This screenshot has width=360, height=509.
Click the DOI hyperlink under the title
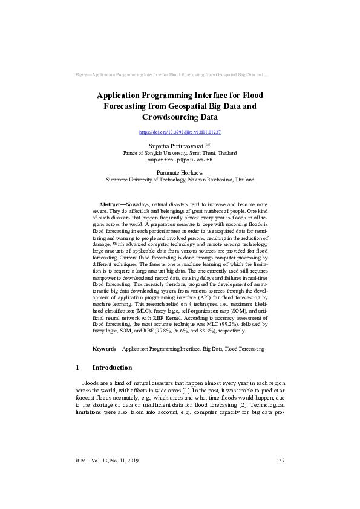[180, 131]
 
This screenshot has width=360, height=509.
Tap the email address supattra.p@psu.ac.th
[180, 160]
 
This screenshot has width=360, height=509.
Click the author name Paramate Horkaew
[180, 173]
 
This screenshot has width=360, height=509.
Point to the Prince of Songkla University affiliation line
[180, 153]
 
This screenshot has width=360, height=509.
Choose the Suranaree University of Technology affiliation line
[180, 180]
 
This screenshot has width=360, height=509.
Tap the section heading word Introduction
[112, 368]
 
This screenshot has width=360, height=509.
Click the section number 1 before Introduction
[77, 368]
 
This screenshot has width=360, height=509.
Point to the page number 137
[280, 461]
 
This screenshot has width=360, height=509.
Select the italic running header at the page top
[172, 75]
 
